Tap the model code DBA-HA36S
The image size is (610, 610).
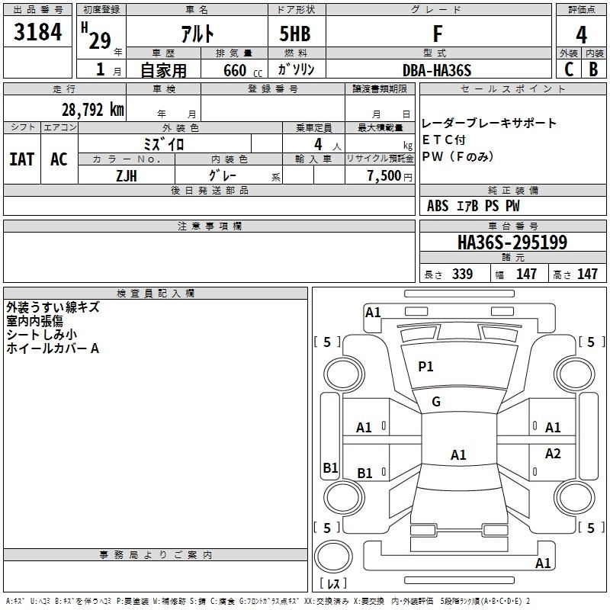point(437,70)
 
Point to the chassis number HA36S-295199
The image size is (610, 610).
point(512,242)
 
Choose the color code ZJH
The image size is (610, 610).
point(125,175)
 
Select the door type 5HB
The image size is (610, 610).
point(295,34)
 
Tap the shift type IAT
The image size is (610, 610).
point(21,159)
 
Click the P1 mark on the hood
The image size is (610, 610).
point(425,367)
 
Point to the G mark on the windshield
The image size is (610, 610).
point(436,402)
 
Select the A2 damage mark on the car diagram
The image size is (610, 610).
point(553,454)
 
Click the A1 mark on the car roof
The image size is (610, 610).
point(458,455)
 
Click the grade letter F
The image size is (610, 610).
point(437,34)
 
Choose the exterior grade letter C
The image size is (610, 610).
point(568,70)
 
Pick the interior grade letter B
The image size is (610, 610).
point(594,70)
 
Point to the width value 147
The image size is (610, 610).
point(526,274)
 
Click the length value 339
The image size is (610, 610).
point(462,274)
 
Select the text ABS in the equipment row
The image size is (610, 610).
point(438,206)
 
